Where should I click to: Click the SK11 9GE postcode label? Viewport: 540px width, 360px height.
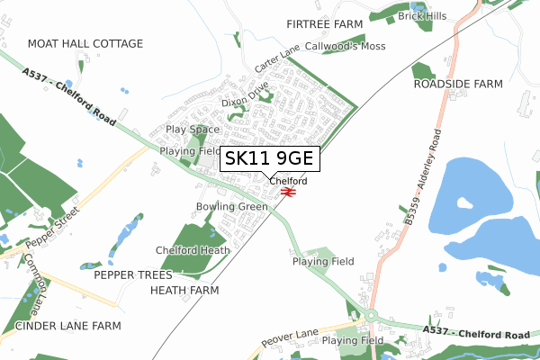[x=268, y=159]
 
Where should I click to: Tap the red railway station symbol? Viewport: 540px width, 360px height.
[x=288, y=191]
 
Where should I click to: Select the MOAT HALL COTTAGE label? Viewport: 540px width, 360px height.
[x=85, y=43]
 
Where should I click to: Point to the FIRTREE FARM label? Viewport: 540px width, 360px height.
[x=323, y=23]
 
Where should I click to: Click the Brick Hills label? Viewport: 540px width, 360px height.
[x=423, y=16]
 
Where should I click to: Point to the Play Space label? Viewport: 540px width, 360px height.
[x=193, y=130]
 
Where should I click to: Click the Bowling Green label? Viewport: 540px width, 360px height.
[x=232, y=206]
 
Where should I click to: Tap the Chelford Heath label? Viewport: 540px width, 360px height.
[x=193, y=250]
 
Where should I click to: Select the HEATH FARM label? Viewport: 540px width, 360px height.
[x=184, y=291]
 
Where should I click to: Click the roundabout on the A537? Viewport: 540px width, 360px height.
[x=370, y=316]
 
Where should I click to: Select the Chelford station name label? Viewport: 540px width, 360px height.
[x=288, y=181]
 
